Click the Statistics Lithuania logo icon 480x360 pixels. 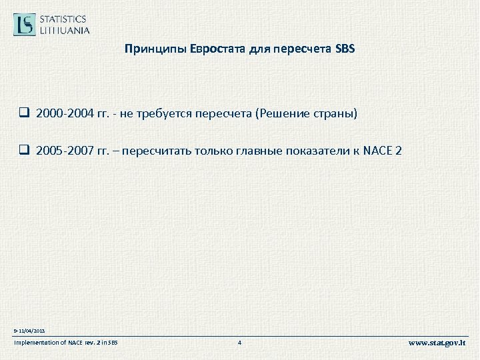26,24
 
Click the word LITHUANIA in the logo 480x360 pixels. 65,30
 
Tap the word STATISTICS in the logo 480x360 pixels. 64,19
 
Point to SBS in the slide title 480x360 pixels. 346,49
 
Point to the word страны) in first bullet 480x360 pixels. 337,114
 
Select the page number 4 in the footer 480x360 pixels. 239,343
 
